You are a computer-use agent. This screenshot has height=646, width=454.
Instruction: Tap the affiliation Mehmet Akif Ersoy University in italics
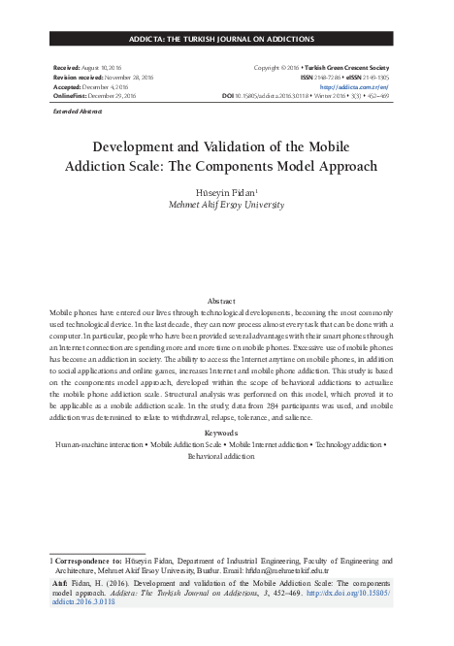[227, 207]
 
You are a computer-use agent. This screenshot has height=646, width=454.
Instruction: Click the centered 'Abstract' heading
[227, 302]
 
